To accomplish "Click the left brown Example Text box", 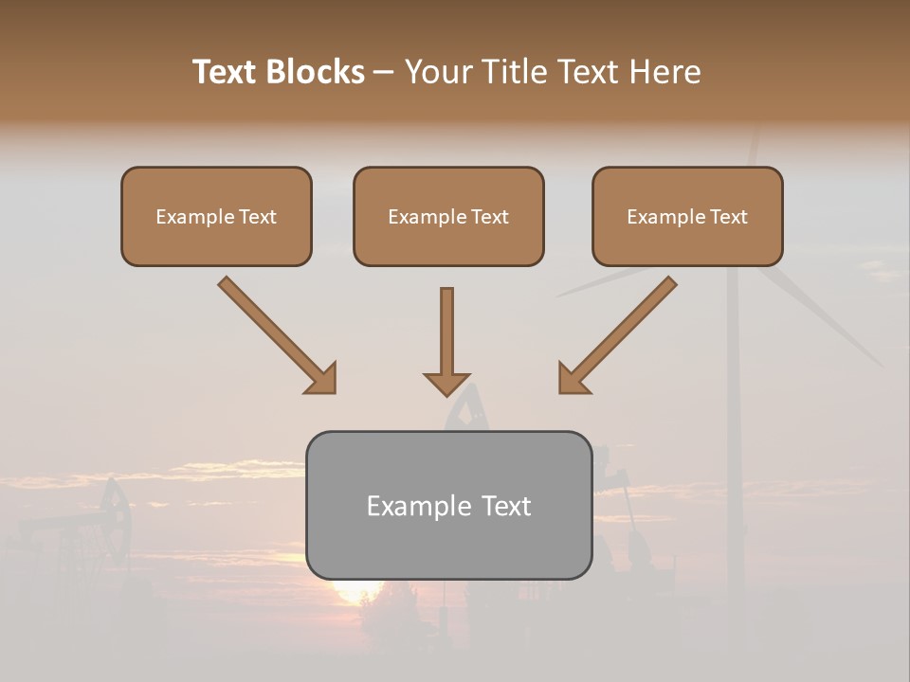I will (x=216, y=216).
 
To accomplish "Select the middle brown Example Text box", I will (x=448, y=216).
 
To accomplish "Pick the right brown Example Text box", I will (x=687, y=216).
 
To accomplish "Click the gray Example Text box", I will (x=449, y=505).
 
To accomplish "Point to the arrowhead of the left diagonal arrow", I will (x=320, y=378).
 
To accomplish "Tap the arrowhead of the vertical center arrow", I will (x=446, y=384).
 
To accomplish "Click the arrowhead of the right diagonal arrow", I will (x=573, y=378).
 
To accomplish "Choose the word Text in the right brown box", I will (x=729, y=217).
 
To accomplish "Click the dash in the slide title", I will (x=384, y=72).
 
